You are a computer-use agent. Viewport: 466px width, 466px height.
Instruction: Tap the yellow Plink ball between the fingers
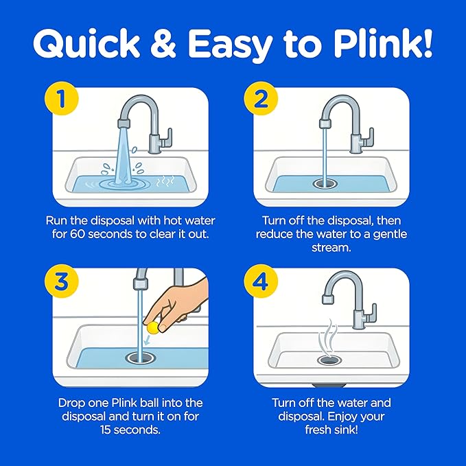pos(153,327)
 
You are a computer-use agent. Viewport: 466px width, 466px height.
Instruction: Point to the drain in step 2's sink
pos(325,184)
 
